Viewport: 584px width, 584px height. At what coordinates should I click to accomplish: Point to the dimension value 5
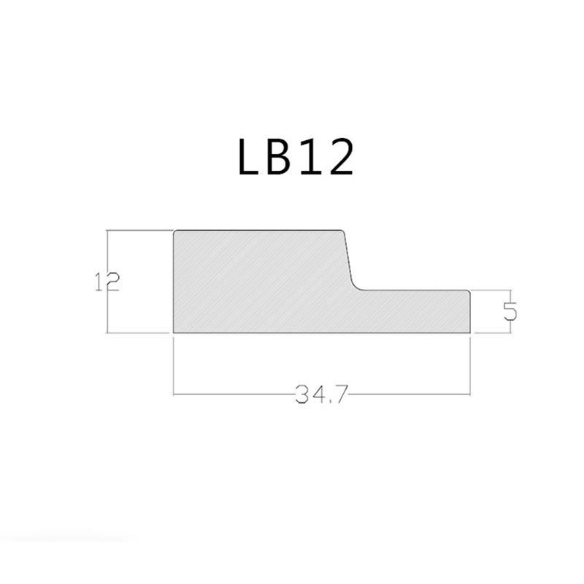510,311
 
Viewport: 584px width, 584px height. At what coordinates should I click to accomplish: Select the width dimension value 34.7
320,396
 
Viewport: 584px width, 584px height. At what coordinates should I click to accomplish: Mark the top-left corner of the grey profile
174,231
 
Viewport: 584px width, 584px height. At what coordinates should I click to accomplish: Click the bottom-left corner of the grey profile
174,333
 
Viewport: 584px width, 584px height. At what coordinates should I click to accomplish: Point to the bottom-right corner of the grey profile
469,333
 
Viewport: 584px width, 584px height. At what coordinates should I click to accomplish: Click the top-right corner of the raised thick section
343,231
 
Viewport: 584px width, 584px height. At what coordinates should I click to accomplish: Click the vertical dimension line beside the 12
107,248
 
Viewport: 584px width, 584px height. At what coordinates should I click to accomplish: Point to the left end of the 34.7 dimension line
174,396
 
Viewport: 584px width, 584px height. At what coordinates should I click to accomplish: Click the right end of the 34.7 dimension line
469,396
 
